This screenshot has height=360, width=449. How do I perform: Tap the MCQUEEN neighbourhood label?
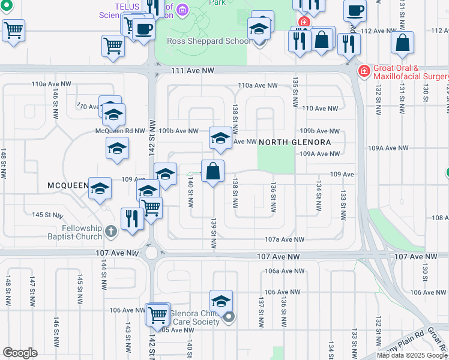pos(68,186)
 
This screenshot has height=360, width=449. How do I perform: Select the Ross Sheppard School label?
pos(209,41)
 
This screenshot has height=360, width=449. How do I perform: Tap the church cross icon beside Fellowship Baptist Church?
pos(110,230)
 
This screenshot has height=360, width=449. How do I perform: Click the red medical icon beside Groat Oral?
pos(364,71)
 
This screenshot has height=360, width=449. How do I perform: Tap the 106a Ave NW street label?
pos(282,271)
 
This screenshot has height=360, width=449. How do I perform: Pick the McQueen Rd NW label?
pos(121,131)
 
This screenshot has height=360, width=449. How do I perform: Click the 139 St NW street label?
pos(213,234)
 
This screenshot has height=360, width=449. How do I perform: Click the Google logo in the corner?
pos(20,353)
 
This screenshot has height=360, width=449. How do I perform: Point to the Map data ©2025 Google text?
pos(412,355)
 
